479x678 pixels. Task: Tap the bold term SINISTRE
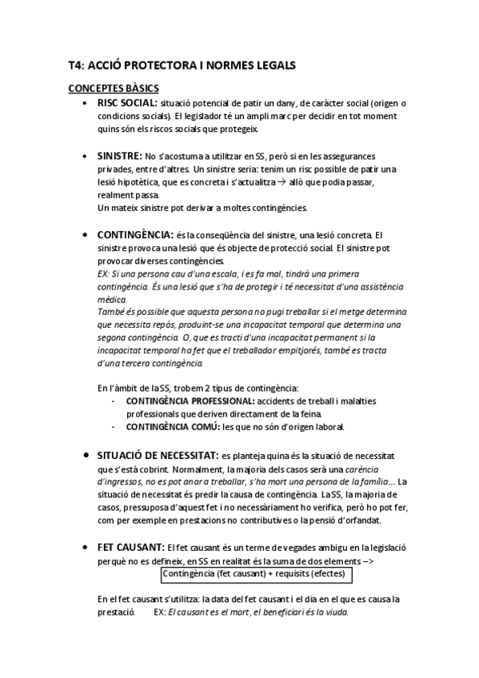[120, 155]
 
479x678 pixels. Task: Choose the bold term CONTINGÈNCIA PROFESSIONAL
[190, 400]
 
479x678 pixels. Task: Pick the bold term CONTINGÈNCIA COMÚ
[173, 427]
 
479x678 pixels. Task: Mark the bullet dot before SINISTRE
[86, 156]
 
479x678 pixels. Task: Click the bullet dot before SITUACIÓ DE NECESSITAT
[86, 455]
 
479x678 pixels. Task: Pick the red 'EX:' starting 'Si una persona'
[103, 273]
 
